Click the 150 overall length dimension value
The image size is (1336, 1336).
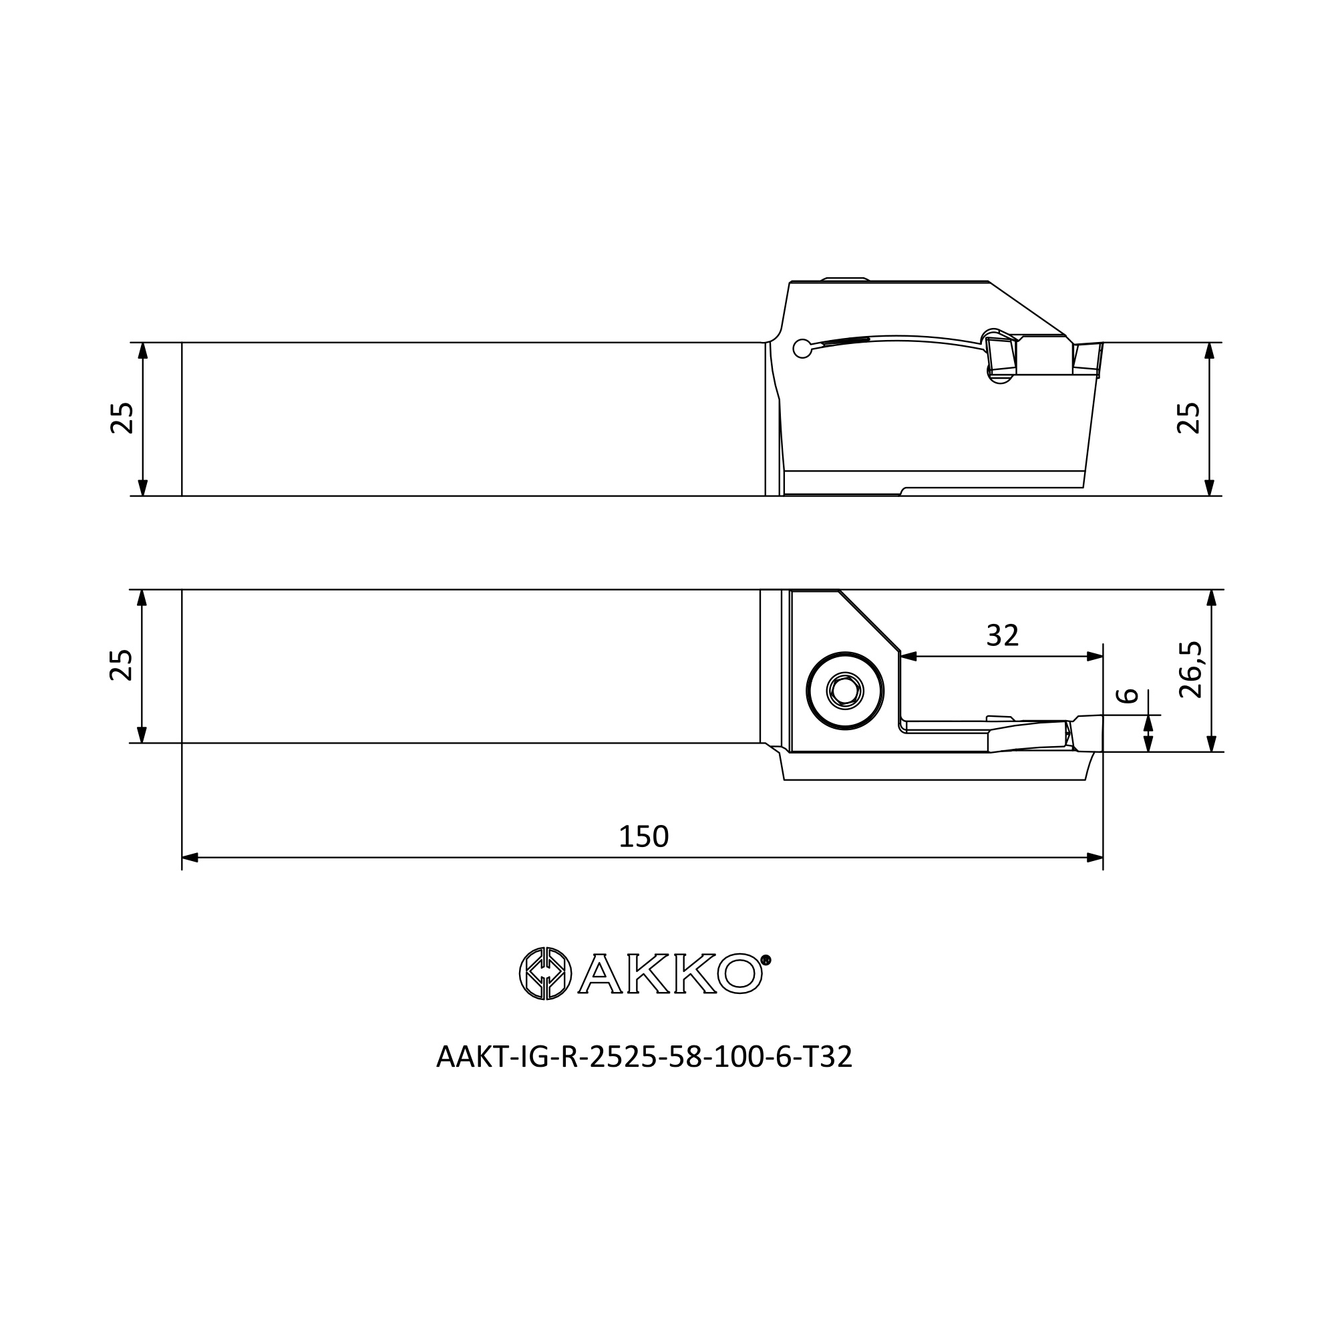(x=643, y=837)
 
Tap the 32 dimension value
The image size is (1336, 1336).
(x=1002, y=635)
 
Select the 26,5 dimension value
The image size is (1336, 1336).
(x=1190, y=669)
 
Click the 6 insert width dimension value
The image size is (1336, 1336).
(x=1128, y=695)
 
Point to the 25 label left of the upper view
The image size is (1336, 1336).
(x=122, y=417)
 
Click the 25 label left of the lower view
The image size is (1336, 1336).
(x=121, y=665)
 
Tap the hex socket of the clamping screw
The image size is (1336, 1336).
(x=845, y=690)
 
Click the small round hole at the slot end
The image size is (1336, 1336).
(x=802, y=349)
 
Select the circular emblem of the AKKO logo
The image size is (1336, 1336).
(x=545, y=973)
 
